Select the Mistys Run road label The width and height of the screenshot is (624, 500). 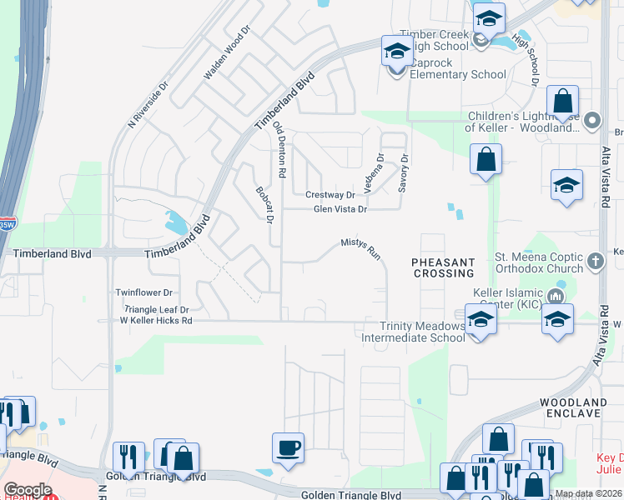360,248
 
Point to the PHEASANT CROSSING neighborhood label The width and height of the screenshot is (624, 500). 442,267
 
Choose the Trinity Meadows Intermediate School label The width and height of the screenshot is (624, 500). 413,332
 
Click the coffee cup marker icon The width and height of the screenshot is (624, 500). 289,447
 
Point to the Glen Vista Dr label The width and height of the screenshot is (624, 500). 340,209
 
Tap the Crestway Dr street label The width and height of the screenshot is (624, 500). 330,194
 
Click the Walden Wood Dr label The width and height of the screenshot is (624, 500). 227,57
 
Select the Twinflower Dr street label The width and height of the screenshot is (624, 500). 143,292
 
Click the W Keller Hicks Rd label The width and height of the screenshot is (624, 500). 156,320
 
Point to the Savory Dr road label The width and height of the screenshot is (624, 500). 404,172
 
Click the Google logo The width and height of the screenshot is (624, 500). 28,490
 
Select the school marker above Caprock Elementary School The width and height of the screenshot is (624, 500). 397,51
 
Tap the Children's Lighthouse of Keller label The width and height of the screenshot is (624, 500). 522,122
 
